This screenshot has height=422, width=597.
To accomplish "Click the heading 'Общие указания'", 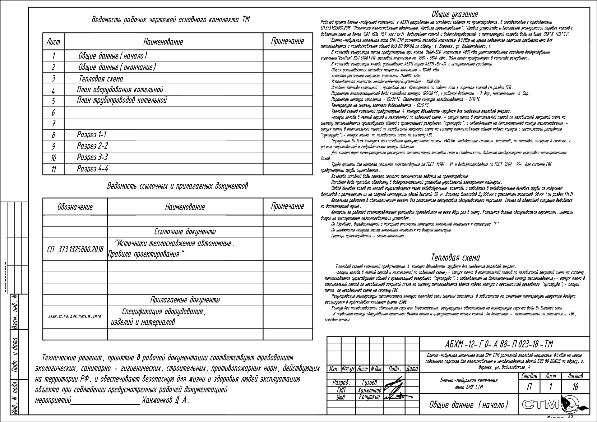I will (x=455, y=14).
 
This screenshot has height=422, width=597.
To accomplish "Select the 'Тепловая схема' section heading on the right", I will (x=455, y=258).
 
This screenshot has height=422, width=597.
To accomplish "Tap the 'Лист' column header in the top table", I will (x=53, y=42).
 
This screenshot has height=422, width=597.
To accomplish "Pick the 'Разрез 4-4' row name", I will (x=92, y=169).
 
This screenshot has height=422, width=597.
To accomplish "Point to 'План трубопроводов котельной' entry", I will (x=122, y=100).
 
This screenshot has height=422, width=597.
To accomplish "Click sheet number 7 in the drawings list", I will (x=53, y=124).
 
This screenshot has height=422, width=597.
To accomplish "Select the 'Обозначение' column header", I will (x=75, y=207).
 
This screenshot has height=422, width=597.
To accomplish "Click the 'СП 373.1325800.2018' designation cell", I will (x=75, y=249).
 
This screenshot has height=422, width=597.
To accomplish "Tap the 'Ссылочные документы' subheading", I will (x=185, y=232).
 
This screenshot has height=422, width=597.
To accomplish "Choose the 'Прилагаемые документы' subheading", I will (x=185, y=300).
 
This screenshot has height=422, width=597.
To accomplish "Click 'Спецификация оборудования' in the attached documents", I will (x=164, y=311).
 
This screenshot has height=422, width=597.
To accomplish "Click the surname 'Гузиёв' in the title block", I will (x=369, y=383).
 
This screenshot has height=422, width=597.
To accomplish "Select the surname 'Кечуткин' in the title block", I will (x=369, y=397).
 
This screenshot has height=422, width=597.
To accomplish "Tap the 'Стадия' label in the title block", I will (x=529, y=376).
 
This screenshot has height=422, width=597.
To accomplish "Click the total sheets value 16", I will (x=575, y=387).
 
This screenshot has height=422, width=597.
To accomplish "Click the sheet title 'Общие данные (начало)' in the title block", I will (x=469, y=405).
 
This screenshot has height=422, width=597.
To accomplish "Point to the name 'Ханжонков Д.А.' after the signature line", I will (x=165, y=400).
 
